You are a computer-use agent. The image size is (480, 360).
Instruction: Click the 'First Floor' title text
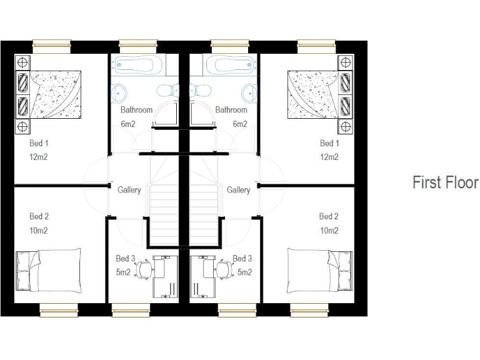tap(445, 182)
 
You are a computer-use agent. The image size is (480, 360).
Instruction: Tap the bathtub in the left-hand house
tap(136, 65)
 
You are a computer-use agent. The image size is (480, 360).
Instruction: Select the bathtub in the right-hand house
tap(232, 65)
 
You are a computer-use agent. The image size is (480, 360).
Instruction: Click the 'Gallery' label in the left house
tap(129, 190)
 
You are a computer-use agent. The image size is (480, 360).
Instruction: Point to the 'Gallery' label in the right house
tap(239, 190)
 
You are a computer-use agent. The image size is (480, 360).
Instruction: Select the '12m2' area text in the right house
tap(329, 157)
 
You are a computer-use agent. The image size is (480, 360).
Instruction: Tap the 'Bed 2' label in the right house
tap(329, 216)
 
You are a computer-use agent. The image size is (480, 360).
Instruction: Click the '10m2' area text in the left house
tap(38, 231)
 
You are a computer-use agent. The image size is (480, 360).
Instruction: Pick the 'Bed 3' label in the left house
tap(125, 258)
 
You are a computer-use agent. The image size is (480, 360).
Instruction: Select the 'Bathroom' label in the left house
tap(136, 110)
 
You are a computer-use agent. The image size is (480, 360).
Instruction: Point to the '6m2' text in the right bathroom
tap(240, 124)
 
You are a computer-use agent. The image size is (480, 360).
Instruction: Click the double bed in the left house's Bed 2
tap(49, 270)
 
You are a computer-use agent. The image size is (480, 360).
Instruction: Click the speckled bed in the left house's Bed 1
tap(55, 94)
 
